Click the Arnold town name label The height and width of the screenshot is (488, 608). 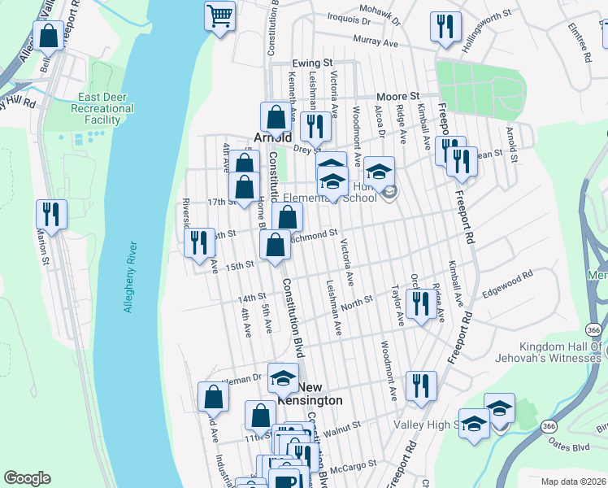tap(273, 137)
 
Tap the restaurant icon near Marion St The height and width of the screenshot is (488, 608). tap(51, 215)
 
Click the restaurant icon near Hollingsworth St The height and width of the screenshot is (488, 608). tap(444, 27)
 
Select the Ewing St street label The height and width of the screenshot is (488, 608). tap(314, 63)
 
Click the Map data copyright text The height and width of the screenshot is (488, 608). tap(574, 481)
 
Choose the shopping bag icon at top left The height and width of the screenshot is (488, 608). tap(47, 37)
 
